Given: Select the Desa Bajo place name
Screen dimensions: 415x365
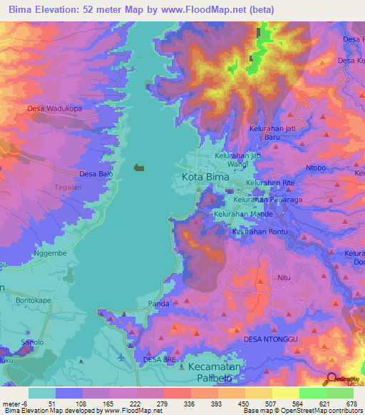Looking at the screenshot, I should click(96, 173).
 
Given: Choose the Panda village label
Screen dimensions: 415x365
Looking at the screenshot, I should click(158, 304).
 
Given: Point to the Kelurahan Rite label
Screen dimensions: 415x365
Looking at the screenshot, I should click(270, 183).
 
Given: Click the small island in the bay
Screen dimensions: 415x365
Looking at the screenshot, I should click(139, 168).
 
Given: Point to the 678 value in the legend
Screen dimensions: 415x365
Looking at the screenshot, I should click(349, 404).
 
